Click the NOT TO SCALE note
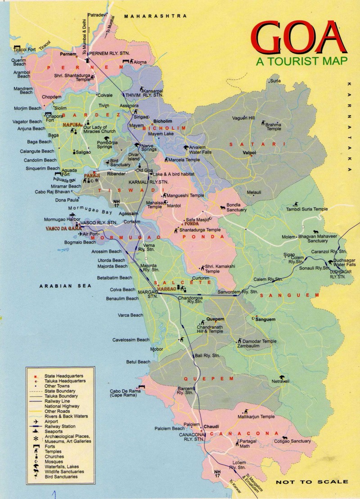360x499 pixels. click(x=306, y=482)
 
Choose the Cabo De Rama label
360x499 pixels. click(x=126, y=393)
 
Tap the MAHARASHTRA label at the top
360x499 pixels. click(x=155, y=16)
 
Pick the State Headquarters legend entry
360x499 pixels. click(x=63, y=375)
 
